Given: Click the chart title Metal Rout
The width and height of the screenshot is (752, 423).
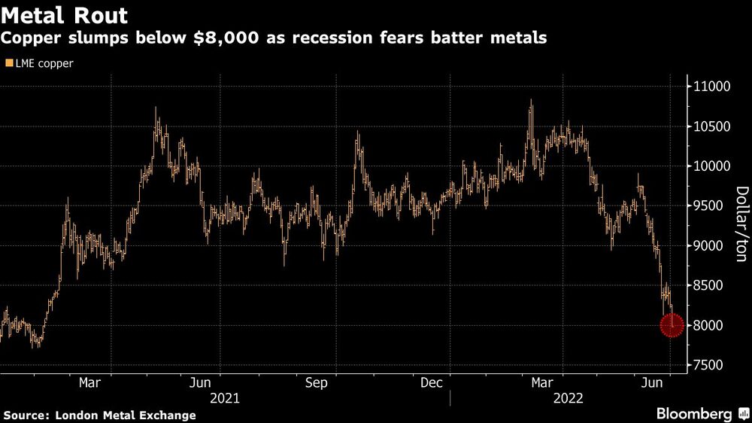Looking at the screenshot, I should click(x=65, y=15).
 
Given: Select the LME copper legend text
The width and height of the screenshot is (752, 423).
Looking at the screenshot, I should click(x=43, y=64).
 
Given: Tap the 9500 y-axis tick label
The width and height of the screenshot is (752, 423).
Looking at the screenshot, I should click(x=708, y=206).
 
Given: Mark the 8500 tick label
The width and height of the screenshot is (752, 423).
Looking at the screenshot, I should click(x=708, y=285).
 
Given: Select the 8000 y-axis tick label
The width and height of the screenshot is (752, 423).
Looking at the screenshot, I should click(x=708, y=325).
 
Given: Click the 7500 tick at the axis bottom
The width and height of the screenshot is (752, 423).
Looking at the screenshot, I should click(x=708, y=365).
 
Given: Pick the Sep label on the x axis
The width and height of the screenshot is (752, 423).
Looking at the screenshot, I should click(x=317, y=383).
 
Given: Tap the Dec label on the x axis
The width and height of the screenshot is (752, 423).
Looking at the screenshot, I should click(x=431, y=383).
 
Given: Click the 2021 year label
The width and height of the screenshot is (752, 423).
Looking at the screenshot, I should click(x=225, y=397).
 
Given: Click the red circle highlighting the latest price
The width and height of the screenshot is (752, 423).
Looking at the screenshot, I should click(x=672, y=325).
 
